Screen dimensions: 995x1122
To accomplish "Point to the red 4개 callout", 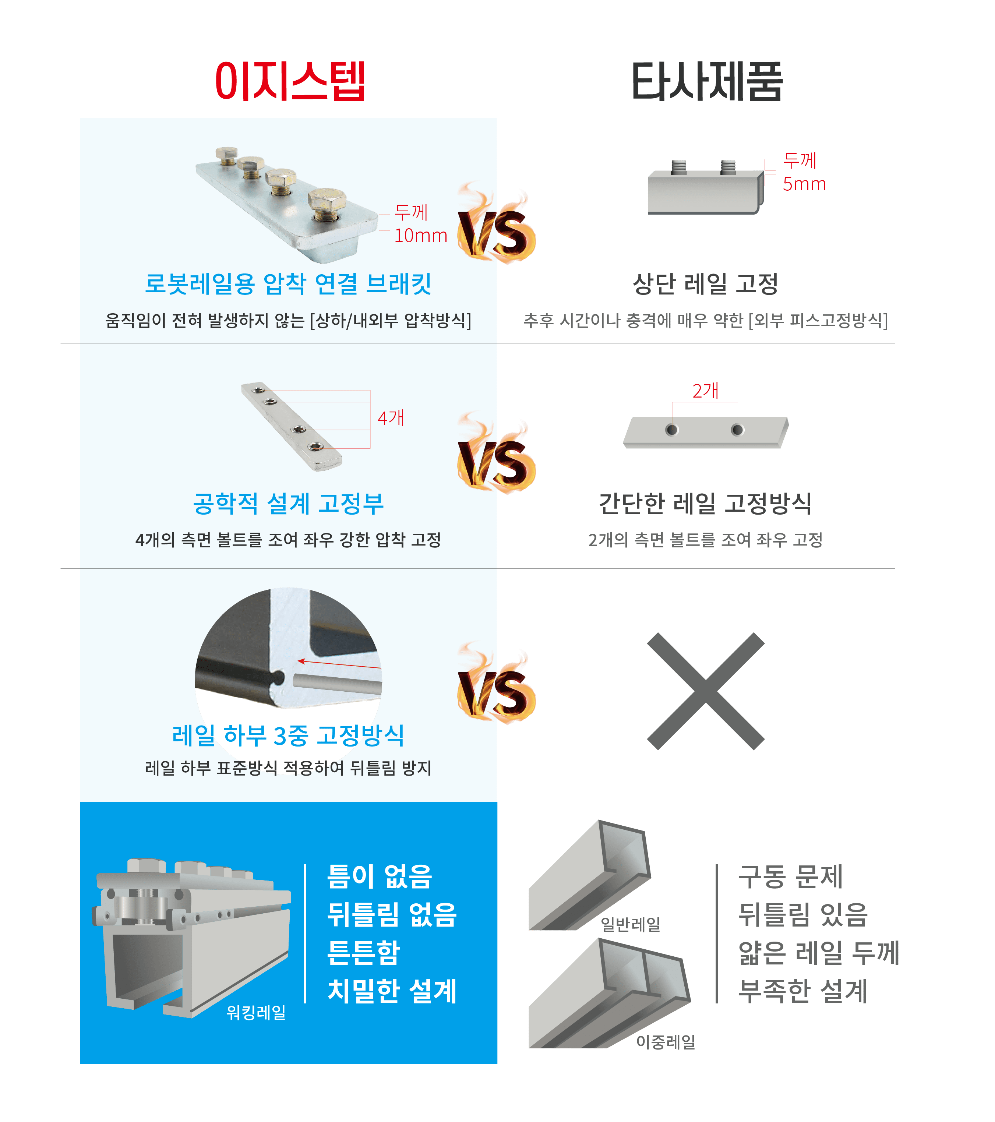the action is point(391,418).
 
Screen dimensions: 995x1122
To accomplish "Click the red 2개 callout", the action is point(705,391).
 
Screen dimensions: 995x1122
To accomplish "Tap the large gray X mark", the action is point(706,691).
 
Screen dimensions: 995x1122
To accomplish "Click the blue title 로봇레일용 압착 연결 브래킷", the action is point(288,284).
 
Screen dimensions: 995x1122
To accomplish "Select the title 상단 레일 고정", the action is point(706,284).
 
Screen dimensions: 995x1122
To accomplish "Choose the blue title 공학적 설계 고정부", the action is point(288,503).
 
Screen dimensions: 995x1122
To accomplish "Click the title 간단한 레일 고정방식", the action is point(705,503).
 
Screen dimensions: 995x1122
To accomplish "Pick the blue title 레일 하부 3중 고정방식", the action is point(288,735).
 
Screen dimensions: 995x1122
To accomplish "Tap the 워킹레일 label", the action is point(256,1012).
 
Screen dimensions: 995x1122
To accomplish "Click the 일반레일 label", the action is point(631,924).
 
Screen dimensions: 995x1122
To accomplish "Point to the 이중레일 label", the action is point(666,1042).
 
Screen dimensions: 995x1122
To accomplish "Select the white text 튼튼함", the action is point(363,952).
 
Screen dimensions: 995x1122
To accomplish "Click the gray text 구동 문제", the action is point(790,876).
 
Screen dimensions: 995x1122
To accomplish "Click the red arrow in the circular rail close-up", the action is point(339,664).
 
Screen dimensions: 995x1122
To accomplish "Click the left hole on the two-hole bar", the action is point(672,430).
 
